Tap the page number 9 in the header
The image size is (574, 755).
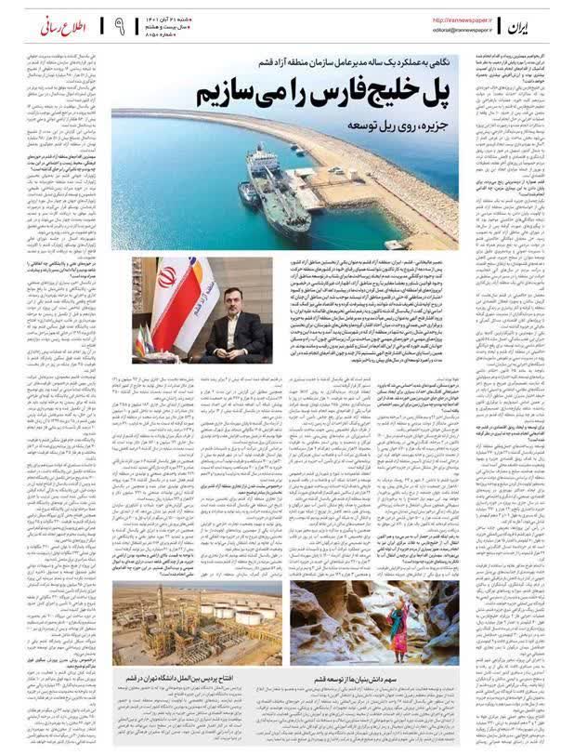(120, 25)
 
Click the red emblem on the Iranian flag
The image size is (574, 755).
(168, 277)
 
